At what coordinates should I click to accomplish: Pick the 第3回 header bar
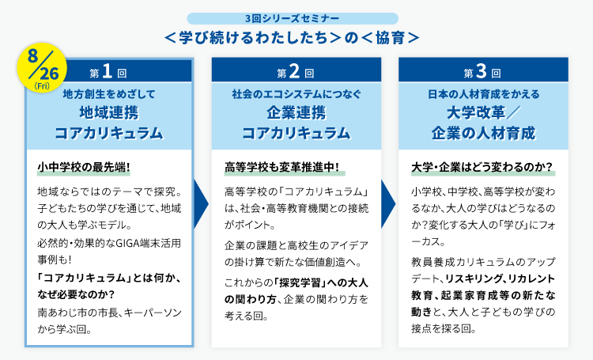coord(482,73)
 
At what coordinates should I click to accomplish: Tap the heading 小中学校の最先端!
coord(84,169)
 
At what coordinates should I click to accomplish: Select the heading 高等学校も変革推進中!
coord(281,169)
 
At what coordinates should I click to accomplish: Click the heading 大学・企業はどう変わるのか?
coord(482,169)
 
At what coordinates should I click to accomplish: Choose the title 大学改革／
coord(482,111)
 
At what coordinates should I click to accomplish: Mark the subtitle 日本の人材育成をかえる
coord(482,94)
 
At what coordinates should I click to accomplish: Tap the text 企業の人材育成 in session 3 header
coord(482,131)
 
